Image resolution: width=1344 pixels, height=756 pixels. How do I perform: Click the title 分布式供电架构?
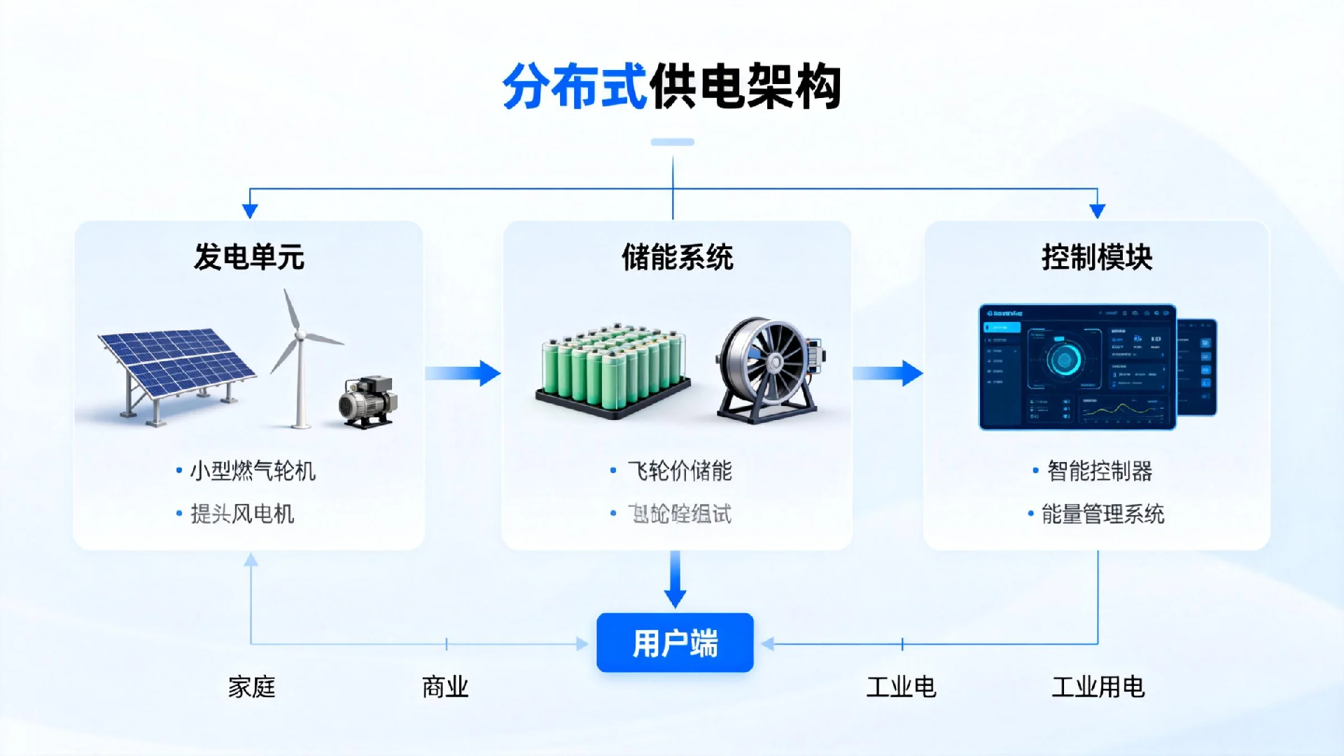click(x=672, y=87)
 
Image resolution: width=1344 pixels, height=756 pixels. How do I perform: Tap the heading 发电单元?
click(x=249, y=257)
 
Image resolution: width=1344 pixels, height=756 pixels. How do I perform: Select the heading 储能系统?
click(x=677, y=257)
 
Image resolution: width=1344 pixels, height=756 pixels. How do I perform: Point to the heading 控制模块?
click(x=1097, y=257)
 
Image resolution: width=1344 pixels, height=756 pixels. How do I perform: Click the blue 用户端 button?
click(x=675, y=643)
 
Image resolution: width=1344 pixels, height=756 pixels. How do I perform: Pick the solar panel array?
click(x=175, y=367)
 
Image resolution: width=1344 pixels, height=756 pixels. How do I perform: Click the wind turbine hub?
click(x=300, y=336)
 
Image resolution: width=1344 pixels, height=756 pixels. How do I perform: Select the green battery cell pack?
click(x=613, y=367)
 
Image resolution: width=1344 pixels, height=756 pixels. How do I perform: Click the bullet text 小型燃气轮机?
click(x=253, y=471)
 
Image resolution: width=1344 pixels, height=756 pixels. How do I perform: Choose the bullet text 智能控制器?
click(x=1100, y=471)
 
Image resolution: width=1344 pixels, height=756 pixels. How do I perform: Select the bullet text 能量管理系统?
click(x=1102, y=514)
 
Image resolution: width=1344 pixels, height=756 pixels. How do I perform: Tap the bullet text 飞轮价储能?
click(x=680, y=471)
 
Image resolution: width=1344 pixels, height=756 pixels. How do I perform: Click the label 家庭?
click(x=252, y=687)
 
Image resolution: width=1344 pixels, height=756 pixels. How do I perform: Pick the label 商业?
click(x=445, y=687)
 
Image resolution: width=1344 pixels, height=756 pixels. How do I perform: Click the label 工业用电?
click(x=1098, y=687)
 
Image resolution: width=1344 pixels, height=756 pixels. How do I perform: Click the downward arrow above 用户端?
click(x=675, y=579)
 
